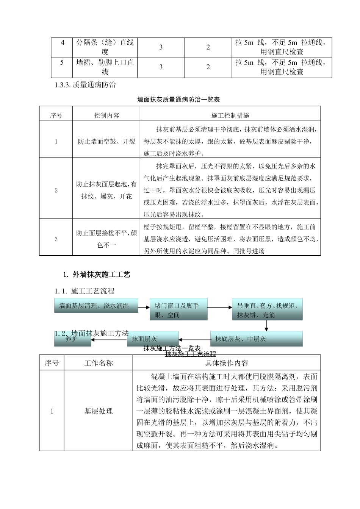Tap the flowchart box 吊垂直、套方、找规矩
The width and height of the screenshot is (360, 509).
267,310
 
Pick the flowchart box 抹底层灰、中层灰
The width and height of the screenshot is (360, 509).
256,339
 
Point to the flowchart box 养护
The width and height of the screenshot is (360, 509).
72,339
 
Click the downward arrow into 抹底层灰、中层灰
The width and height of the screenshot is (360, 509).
267,325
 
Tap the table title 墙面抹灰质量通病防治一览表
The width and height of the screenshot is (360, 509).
178,100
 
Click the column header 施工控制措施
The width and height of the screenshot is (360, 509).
230,116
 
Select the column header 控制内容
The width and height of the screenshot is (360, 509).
106,116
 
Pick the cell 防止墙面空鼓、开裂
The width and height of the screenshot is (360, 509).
106,142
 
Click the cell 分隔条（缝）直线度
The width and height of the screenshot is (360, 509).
105,47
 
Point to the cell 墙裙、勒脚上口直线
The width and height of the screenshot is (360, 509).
105,67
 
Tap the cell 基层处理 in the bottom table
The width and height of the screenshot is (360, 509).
98,411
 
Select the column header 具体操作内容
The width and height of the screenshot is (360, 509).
227,363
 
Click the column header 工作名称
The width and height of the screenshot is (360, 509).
98,363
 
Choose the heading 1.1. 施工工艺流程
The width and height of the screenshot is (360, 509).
85,291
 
